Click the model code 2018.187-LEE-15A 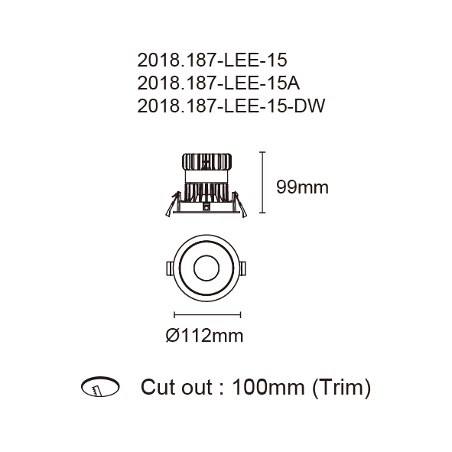point(218,83)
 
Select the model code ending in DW point(231,106)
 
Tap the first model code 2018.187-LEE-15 point(212,60)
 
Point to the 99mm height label point(302,187)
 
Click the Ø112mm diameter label point(205,336)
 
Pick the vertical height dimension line point(262,182)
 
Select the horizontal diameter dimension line point(207,315)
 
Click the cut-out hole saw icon point(100,386)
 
